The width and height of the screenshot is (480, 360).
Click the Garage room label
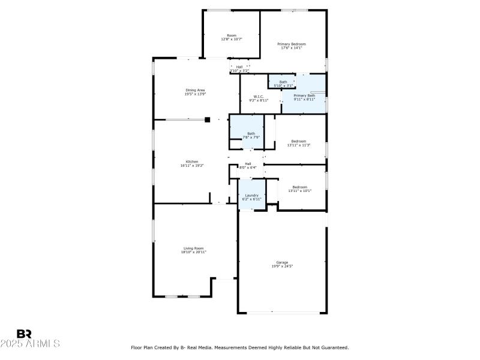282,262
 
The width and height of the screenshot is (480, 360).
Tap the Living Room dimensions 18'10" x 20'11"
193,253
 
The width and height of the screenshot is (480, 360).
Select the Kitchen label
192,162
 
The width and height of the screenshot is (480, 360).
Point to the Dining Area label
195,90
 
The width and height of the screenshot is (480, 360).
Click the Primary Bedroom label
292,44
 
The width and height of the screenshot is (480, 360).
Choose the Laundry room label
251,195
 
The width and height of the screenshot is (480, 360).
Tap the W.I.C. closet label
259,97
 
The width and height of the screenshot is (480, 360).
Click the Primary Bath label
304,96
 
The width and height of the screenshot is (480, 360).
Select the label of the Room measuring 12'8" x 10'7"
232,35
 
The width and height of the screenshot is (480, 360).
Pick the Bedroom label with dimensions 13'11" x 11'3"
299,142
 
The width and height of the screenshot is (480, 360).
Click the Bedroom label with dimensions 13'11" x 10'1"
299,187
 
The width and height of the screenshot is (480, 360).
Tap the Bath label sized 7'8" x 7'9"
251,134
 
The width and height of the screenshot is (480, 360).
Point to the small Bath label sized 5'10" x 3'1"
283,82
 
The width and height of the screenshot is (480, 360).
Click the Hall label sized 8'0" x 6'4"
248,164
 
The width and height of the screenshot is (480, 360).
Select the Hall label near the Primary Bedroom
239,67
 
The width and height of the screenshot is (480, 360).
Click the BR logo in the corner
24,334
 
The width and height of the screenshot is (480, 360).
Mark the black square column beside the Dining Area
208,119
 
